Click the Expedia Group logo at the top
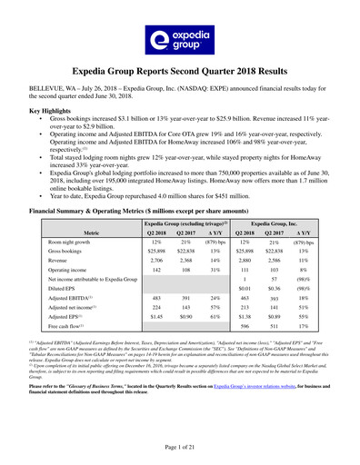pyautogui.click(x=179, y=38)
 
